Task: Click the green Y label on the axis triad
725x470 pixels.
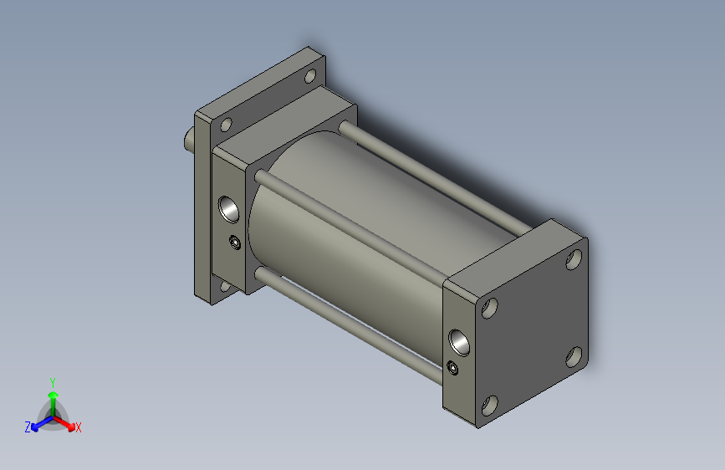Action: pyautogui.click(x=52, y=381)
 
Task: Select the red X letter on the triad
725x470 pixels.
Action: pyautogui.click(x=79, y=428)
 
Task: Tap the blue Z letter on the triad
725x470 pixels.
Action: pyautogui.click(x=27, y=427)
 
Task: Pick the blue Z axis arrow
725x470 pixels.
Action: pyautogui.click(x=37, y=424)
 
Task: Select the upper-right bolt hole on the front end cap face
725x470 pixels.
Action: pyautogui.click(x=574, y=259)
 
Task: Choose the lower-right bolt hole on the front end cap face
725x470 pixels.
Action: pyautogui.click(x=574, y=358)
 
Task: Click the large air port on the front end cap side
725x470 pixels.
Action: pyautogui.click(x=459, y=340)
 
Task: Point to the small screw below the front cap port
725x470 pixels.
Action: pyautogui.click(x=453, y=368)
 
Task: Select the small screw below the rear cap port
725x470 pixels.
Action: pyautogui.click(x=235, y=243)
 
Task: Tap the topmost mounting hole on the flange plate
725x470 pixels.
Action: pyautogui.click(x=310, y=77)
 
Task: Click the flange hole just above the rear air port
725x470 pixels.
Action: pyautogui.click(x=226, y=125)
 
